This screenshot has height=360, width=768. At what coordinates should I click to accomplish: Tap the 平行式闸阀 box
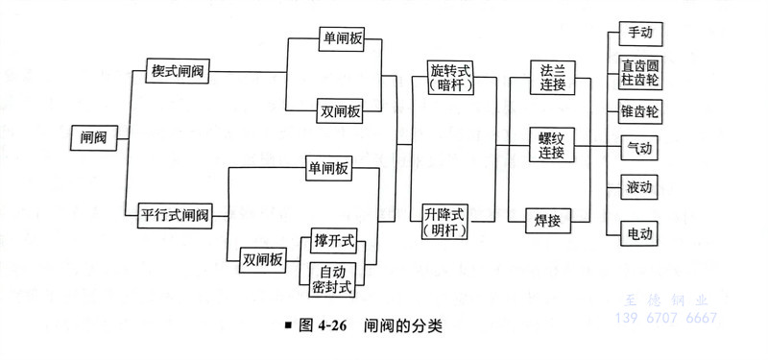(175, 212)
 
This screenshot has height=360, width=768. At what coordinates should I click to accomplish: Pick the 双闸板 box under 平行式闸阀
(263, 258)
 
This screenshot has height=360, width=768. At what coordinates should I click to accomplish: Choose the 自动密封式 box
(333, 277)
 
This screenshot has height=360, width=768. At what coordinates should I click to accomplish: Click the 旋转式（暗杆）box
(448, 77)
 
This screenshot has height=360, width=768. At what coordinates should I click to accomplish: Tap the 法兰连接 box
(551, 76)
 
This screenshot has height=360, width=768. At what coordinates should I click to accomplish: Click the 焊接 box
(548, 220)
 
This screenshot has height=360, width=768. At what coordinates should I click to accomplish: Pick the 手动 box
(639, 34)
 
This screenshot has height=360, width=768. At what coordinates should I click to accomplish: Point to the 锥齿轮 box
(639, 112)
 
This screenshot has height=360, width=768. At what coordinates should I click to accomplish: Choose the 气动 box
(639, 149)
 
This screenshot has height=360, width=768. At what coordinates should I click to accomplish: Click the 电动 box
(639, 231)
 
